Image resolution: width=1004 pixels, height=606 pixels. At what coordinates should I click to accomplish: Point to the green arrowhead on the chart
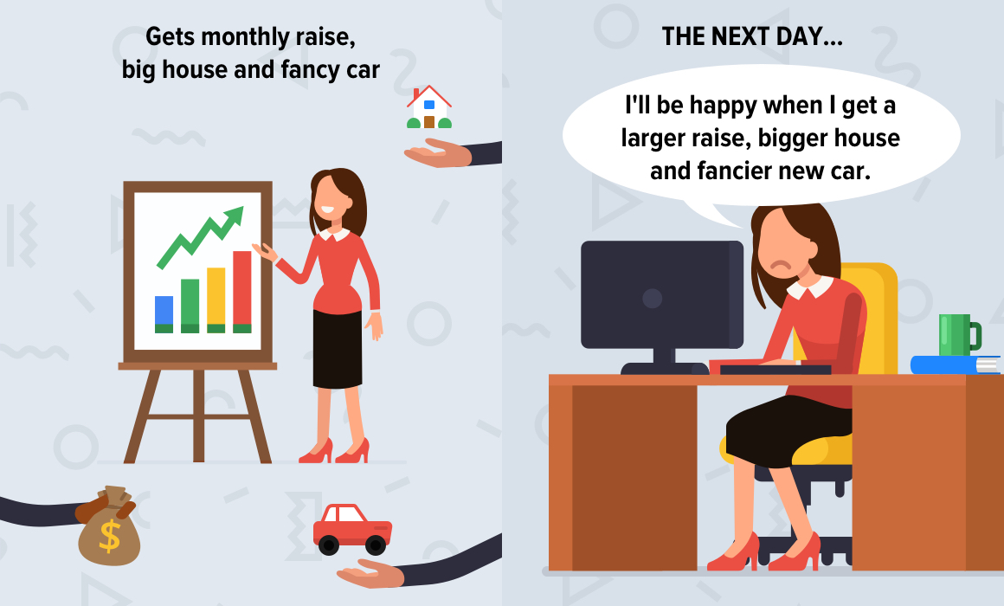pyautogui.click(x=235, y=216)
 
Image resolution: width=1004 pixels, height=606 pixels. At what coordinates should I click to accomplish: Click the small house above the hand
pyautogui.click(x=429, y=107)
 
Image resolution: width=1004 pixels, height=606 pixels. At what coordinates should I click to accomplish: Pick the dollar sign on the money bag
pyautogui.click(x=110, y=536)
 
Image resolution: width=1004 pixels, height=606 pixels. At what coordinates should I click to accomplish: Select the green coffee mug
pyautogui.click(x=959, y=334)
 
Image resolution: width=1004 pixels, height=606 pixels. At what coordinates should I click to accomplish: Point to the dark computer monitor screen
pyautogui.click(x=662, y=294)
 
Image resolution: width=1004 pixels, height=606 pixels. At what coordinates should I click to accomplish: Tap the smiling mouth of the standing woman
pyautogui.click(x=327, y=209)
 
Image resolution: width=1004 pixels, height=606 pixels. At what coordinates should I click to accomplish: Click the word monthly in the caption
pyautogui.click(x=245, y=37)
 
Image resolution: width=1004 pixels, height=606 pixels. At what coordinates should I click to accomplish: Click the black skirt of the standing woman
pyautogui.click(x=338, y=349)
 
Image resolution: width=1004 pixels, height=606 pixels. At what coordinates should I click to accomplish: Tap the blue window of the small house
pyautogui.click(x=429, y=105)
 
